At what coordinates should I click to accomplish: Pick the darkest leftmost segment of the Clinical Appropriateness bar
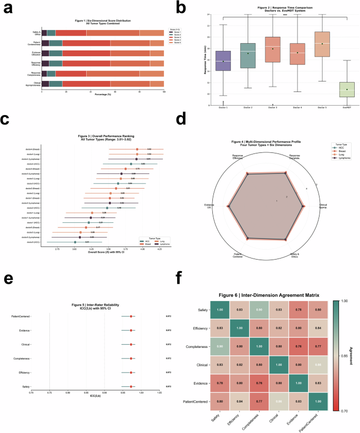(45, 84)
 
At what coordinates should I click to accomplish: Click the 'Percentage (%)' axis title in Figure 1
(102, 95)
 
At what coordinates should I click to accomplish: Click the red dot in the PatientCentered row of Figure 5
(130, 316)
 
